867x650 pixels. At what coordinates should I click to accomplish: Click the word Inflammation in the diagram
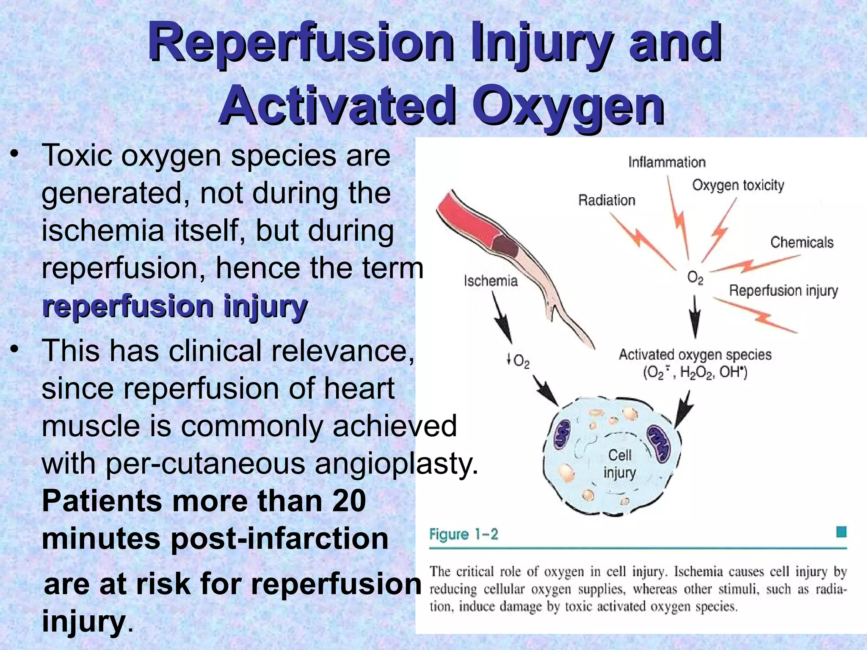click(x=667, y=162)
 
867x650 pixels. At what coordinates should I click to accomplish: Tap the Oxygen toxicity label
click(x=738, y=185)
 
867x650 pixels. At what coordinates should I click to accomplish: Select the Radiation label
click(x=607, y=200)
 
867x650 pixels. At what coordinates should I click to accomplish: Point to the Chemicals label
click(x=801, y=242)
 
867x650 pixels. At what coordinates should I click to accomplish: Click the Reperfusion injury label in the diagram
click(x=783, y=291)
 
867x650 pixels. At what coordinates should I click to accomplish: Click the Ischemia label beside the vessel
click(x=491, y=281)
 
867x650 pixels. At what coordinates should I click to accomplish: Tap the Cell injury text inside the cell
click(x=619, y=464)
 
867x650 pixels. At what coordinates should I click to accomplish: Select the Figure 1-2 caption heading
click(x=464, y=534)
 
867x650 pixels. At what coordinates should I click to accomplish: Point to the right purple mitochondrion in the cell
click(x=659, y=443)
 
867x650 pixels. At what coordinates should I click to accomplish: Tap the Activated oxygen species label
click(x=695, y=355)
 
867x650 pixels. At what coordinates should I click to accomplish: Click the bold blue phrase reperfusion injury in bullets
click(x=174, y=306)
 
